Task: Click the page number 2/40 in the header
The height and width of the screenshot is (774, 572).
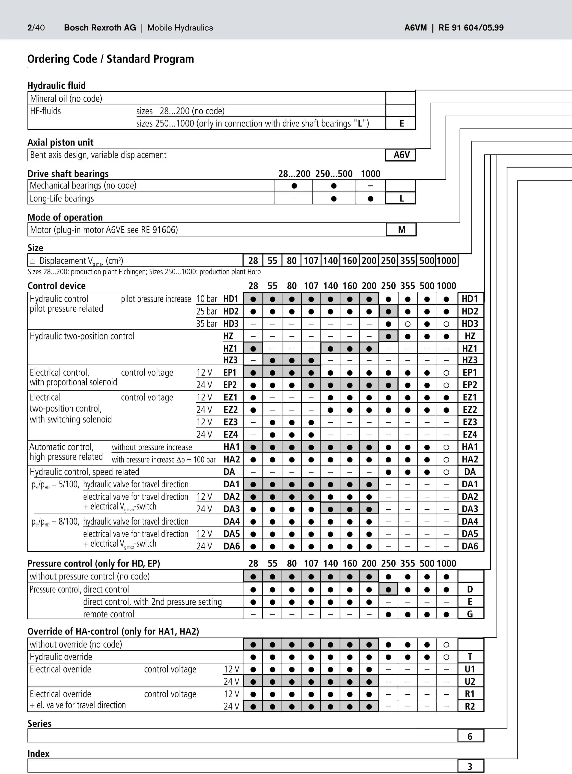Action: [36, 28]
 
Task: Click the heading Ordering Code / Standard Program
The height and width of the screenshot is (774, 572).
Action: [110, 59]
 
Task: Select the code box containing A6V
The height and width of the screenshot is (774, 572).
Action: [401, 155]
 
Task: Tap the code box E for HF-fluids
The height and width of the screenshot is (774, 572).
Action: [401, 123]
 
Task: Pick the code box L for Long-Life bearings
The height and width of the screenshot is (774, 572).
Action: [401, 198]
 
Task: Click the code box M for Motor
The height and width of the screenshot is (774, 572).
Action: [401, 230]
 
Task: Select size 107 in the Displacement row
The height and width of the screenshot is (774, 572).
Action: [311, 261]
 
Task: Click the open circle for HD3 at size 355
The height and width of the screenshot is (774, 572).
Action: [408, 324]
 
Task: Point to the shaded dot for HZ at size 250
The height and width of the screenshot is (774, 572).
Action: [388, 336]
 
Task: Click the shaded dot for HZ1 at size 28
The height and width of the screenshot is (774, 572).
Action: [253, 348]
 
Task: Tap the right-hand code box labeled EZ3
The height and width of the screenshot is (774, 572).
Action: [470, 422]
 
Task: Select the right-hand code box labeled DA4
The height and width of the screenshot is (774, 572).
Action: [470, 522]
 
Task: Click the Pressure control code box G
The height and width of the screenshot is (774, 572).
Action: [470, 614]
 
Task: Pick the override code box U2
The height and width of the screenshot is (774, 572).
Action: [470, 681]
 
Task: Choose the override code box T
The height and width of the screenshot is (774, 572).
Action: [470, 657]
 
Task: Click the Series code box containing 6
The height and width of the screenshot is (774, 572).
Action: [470, 736]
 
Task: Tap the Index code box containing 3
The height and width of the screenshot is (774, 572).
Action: [470, 766]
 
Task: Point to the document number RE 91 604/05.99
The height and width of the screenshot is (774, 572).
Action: [471, 28]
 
